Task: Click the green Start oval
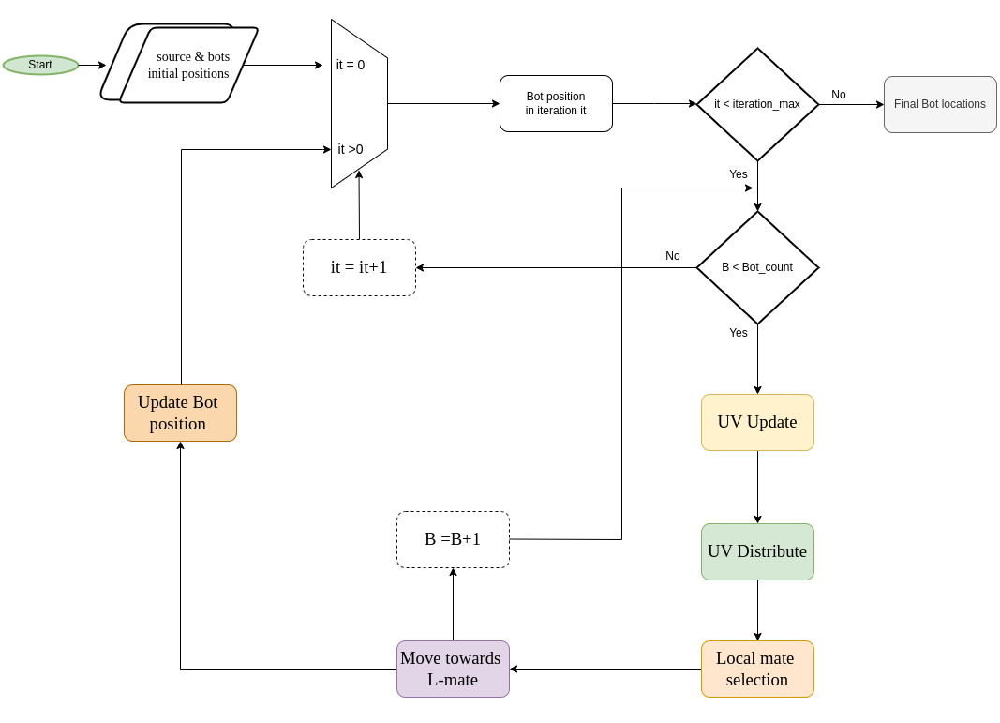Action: click(40, 65)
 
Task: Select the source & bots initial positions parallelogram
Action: click(187, 65)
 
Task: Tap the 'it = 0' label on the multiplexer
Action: click(351, 65)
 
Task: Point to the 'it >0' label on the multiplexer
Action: click(351, 149)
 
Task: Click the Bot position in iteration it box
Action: click(556, 103)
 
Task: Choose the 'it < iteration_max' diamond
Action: click(757, 104)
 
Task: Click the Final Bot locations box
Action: click(940, 104)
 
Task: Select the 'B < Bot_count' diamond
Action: click(757, 267)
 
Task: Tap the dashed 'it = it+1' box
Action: click(359, 267)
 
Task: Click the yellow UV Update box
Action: click(757, 422)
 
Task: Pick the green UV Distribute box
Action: click(757, 551)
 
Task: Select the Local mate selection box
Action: click(757, 669)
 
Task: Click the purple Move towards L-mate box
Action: click(453, 669)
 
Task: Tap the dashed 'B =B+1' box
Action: click(453, 539)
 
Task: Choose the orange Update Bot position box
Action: click(180, 413)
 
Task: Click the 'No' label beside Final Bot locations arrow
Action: click(839, 95)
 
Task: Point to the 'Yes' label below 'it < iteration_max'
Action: click(739, 174)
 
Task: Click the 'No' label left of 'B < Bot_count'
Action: click(673, 256)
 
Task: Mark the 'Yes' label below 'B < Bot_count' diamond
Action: click(739, 333)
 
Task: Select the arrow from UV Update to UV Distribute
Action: click(757, 487)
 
